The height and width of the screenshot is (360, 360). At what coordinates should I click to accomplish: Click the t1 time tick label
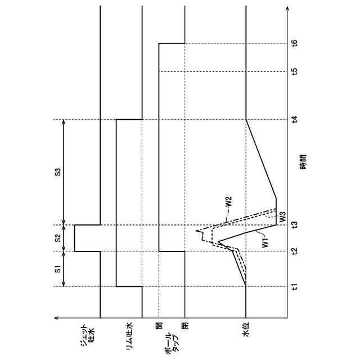[x=295, y=287]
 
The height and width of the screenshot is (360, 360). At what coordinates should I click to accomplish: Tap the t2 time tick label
[x=295, y=251]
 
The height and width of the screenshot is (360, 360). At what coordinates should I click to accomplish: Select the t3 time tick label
[x=295, y=225]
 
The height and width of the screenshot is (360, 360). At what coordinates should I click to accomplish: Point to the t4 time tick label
[x=295, y=120]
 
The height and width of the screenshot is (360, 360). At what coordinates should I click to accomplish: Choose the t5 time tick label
[x=295, y=71]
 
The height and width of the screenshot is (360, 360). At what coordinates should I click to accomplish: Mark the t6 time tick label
[x=295, y=43]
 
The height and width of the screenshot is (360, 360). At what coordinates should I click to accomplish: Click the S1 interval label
[x=58, y=269]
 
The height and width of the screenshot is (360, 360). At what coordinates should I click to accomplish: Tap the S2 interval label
[x=58, y=238]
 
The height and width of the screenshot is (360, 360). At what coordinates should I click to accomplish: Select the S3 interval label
[x=58, y=172]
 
